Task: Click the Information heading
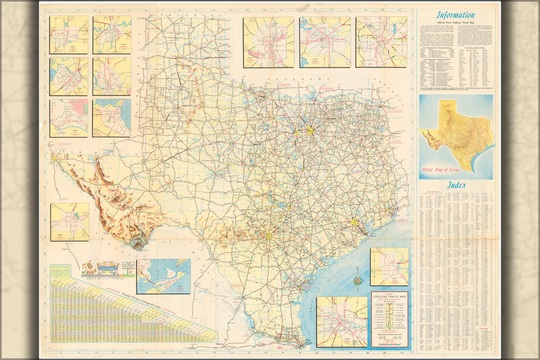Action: click(456, 15)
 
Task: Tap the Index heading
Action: click(456, 186)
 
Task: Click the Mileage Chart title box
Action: click(61, 267)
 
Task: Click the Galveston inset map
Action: click(163, 276)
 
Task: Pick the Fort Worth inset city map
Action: click(325, 42)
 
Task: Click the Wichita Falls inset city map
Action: click(112, 35)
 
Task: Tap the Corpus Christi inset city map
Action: click(111, 118)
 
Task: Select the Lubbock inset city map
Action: click(70, 222)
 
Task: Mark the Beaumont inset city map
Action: click(389, 266)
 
